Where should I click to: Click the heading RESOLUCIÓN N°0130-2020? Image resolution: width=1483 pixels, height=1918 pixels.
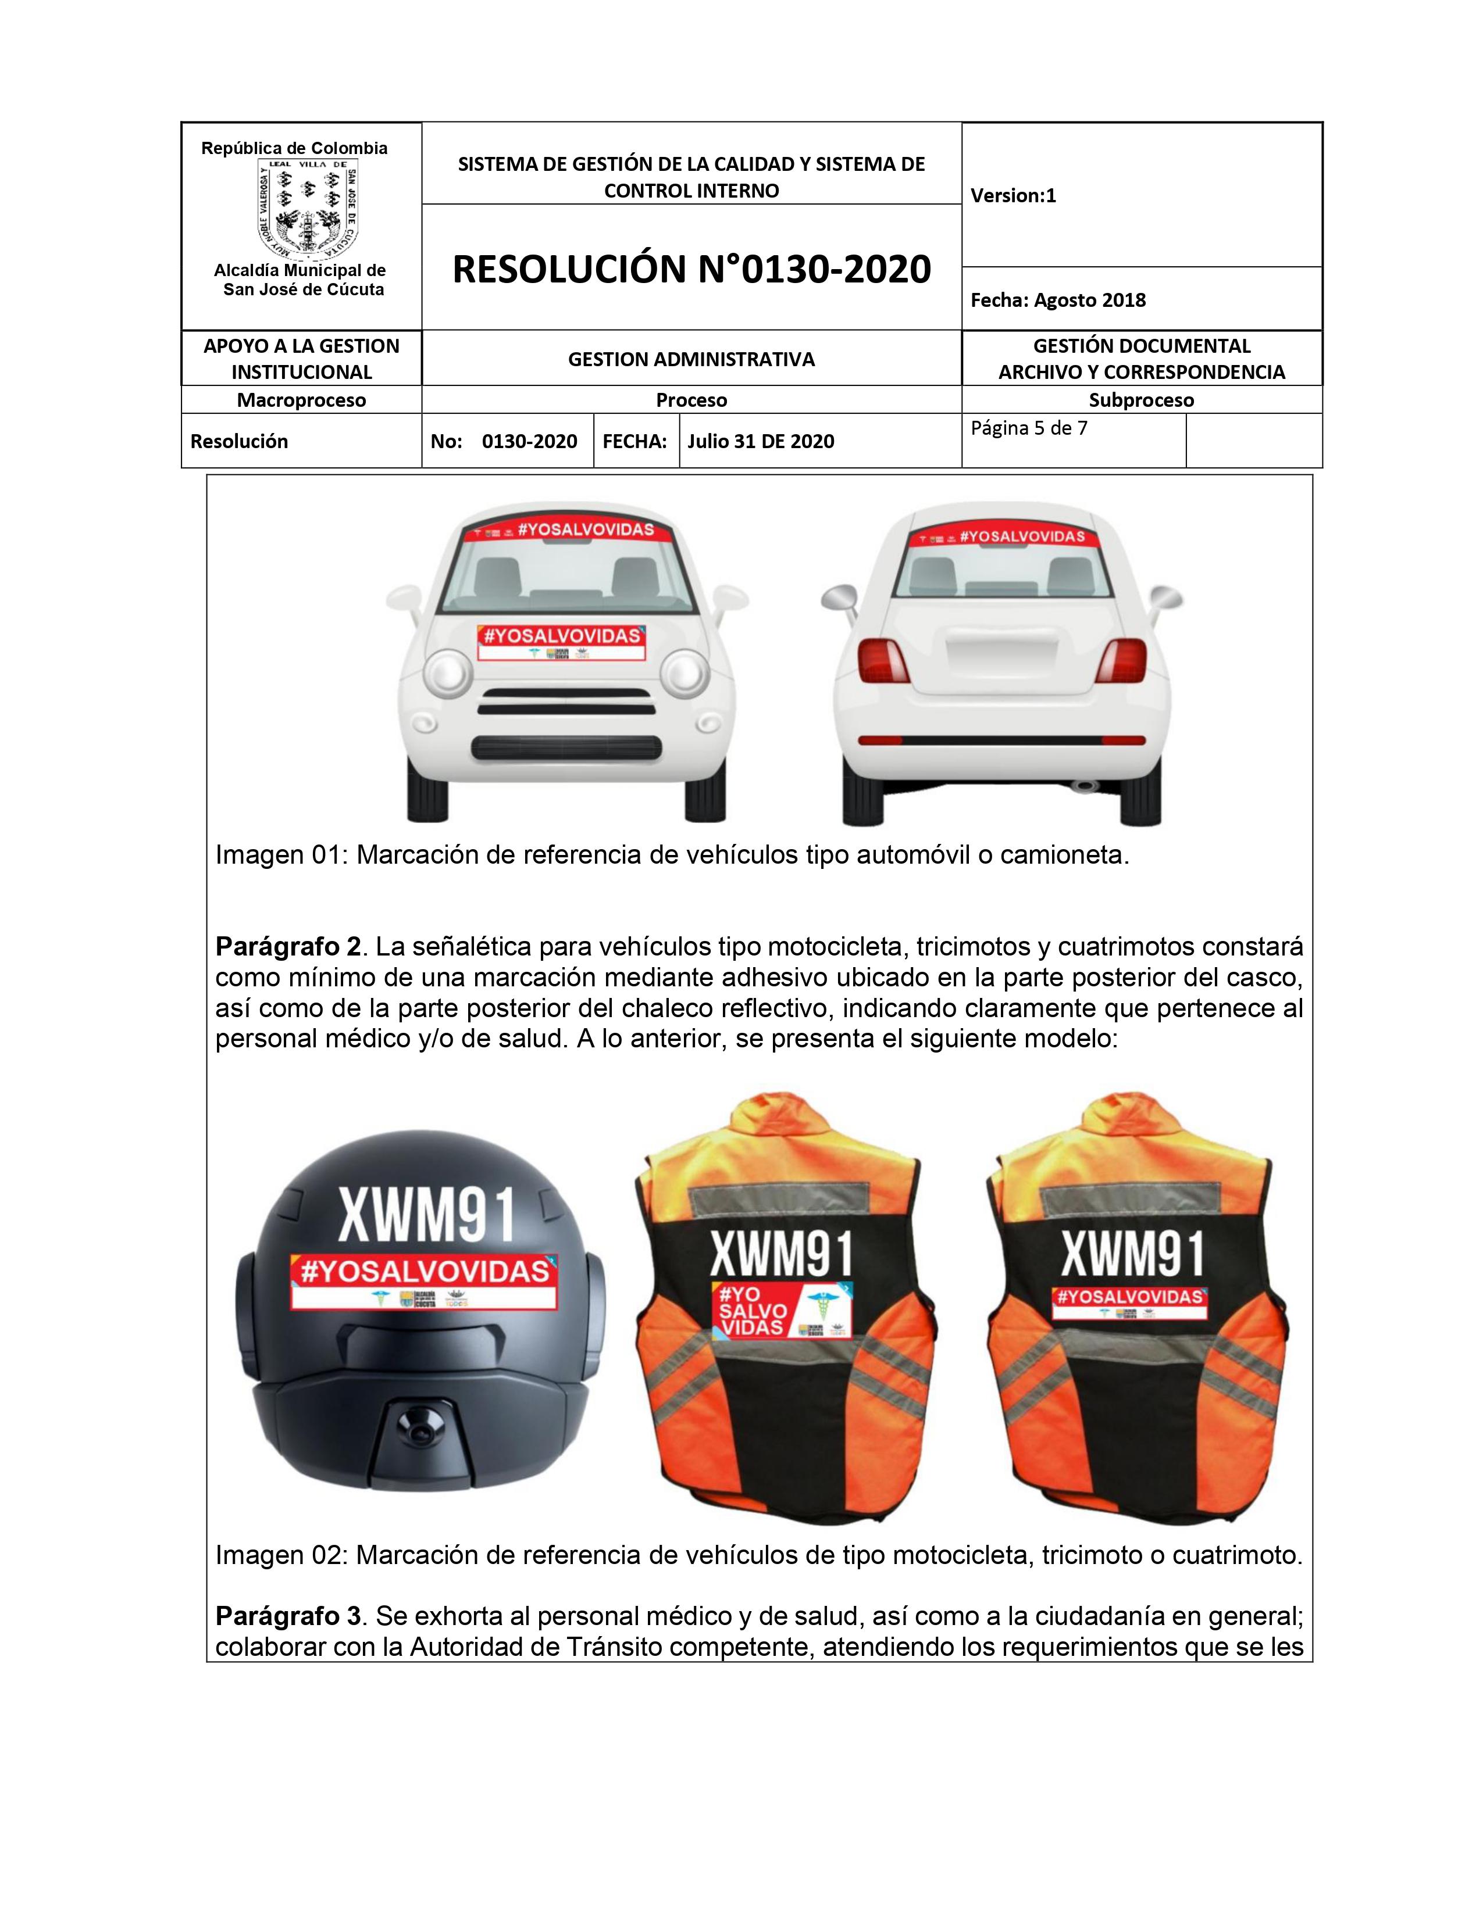(x=691, y=270)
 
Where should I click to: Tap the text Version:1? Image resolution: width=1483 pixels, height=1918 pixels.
(x=1013, y=196)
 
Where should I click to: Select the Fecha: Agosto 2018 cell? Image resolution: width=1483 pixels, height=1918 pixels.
(x=1058, y=300)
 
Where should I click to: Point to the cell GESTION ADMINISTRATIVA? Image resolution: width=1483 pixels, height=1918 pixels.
(x=691, y=359)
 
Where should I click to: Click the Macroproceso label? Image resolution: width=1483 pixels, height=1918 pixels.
(x=301, y=400)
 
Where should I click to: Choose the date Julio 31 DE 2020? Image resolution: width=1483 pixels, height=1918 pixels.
(x=761, y=442)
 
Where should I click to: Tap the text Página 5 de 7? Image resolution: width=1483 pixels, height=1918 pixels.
(x=1029, y=428)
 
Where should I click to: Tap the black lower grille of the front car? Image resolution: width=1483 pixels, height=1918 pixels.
(x=566, y=746)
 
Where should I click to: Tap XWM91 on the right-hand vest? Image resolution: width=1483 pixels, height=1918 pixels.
(x=1132, y=1253)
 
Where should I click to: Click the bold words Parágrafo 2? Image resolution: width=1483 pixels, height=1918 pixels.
(x=288, y=947)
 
